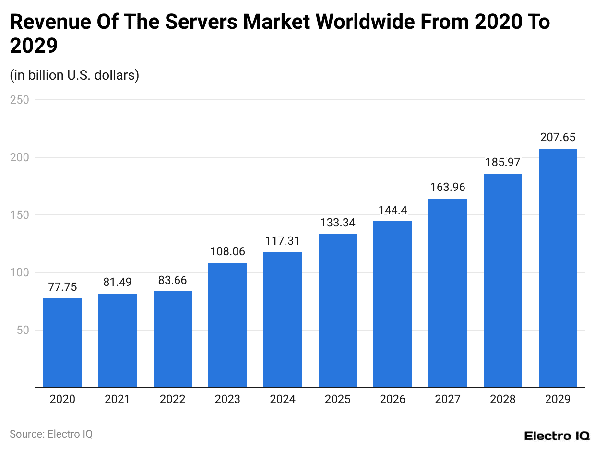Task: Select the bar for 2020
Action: click(62, 343)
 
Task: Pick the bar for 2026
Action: click(393, 304)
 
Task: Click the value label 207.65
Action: click(558, 138)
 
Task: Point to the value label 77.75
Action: click(62, 287)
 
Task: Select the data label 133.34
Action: click(337, 223)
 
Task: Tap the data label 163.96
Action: click(448, 188)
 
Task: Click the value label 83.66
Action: click(172, 280)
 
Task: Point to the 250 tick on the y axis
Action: click(19, 100)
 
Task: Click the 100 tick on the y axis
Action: click(19, 272)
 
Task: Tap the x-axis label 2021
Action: click(117, 399)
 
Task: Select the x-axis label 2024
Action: click(283, 399)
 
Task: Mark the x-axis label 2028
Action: click(502, 399)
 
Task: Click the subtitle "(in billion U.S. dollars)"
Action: click(74, 75)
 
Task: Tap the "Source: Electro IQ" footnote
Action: click(51, 434)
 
